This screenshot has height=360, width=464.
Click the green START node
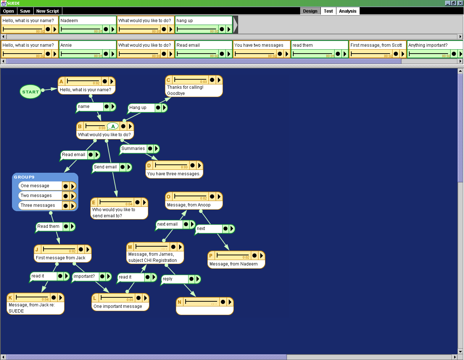[30, 92]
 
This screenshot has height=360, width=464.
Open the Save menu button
[25, 11]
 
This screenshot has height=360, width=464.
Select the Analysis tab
[348, 11]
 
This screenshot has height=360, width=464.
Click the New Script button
[47, 11]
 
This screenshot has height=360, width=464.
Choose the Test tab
[328, 11]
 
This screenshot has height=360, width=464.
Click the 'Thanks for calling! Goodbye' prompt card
[194, 90]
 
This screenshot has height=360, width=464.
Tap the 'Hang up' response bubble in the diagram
[141, 108]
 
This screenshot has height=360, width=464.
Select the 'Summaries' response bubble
[133, 148]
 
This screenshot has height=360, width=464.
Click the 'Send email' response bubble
[105, 167]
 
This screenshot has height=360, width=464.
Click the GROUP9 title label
[24, 177]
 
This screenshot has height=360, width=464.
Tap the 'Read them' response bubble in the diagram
[49, 226]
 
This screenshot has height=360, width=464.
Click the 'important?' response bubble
[84, 276]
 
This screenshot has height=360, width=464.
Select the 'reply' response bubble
[174, 279]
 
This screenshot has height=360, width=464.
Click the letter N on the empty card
[179, 302]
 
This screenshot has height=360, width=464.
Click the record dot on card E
[138, 202]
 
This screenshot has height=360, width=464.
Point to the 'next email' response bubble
[169, 224]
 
